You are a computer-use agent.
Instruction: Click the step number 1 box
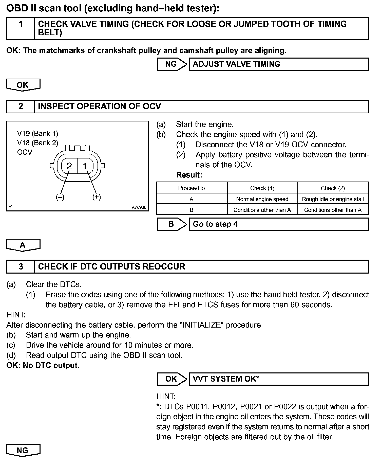point(21,28)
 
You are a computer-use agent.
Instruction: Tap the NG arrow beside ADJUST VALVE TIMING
point(172,64)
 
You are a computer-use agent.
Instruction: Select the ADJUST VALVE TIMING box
point(279,64)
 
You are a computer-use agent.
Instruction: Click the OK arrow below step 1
point(23,85)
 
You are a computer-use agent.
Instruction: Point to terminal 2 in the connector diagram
point(69,166)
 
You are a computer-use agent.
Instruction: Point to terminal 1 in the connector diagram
point(85,166)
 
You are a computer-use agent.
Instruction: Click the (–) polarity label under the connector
point(60,197)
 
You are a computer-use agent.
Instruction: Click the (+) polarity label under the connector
point(97,197)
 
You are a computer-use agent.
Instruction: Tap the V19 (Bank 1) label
point(37,133)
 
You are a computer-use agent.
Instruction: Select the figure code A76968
point(139,207)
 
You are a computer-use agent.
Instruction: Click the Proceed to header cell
point(192,188)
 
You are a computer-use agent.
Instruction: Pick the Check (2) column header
point(333,188)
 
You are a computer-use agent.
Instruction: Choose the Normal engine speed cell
point(262,199)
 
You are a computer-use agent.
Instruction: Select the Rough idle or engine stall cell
point(333,199)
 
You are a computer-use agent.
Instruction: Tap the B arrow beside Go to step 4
point(172,224)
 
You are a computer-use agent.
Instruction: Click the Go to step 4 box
point(279,224)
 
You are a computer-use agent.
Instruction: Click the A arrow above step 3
point(23,245)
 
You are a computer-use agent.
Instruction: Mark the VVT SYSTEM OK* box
point(279,379)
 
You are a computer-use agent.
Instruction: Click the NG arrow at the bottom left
point(23,450)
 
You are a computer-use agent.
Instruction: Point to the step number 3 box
point(21,266)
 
